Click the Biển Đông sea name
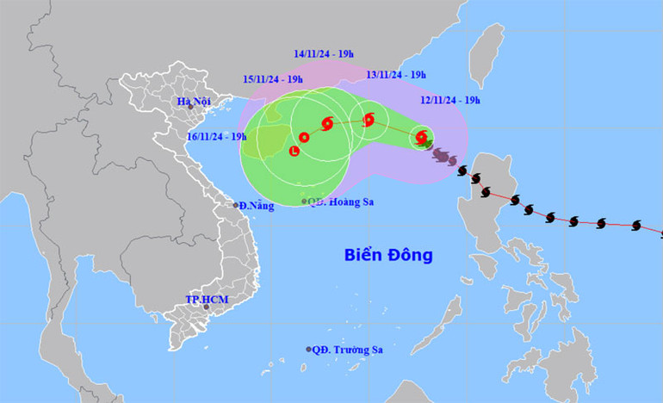(x=387, y=256)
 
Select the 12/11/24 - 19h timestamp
(x=450, y=99)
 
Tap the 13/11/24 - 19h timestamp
(x=395, y=75)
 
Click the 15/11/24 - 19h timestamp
(x=271, y=79)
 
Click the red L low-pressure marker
(x=294, y=152)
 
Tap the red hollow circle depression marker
(x=304, y=137)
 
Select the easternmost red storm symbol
(x=421, y=136)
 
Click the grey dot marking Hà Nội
(x=190, y=107)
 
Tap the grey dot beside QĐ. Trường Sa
(x=309, y=350)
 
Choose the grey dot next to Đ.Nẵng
(x=236, y=205)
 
